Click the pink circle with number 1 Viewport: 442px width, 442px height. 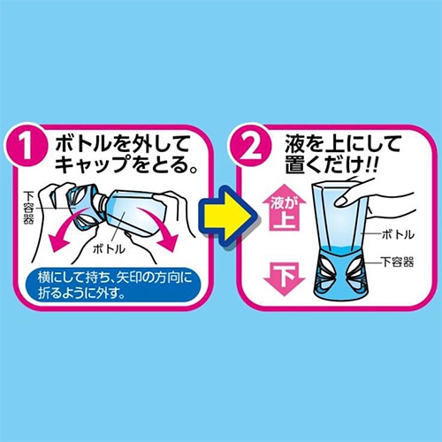[27, 145]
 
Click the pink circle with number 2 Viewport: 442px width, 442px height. [250, 145]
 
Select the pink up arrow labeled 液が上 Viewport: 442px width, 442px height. [284, 208]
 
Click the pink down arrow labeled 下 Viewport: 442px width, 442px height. [284, 278]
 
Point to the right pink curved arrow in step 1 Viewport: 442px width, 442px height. [161, 228]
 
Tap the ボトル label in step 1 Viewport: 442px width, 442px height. [109, 249]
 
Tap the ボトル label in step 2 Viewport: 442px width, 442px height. [398, 234]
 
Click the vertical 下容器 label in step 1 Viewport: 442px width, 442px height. [28, 208]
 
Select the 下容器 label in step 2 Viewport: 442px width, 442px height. [398, 262]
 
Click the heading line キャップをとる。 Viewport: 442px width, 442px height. [126, 164]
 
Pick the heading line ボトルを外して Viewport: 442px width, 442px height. [122, 144]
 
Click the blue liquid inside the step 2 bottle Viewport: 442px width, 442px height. [343, 248]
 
